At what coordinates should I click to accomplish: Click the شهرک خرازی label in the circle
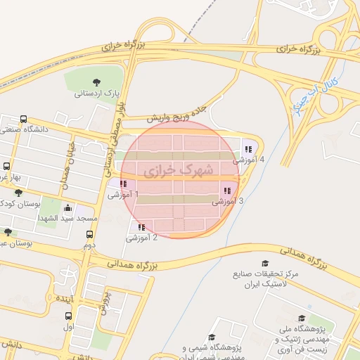172,171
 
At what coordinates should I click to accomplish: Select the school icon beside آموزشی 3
226,190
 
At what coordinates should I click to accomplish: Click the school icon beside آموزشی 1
123,183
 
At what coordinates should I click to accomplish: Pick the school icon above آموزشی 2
141,227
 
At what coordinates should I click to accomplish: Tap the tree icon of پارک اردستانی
96,82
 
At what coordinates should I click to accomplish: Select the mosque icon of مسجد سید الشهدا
67,208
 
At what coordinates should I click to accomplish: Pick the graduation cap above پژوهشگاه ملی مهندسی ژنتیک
302,319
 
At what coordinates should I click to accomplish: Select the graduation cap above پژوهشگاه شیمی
212,338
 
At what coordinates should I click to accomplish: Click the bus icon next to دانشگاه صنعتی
24,119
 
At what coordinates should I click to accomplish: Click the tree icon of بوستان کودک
18,192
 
